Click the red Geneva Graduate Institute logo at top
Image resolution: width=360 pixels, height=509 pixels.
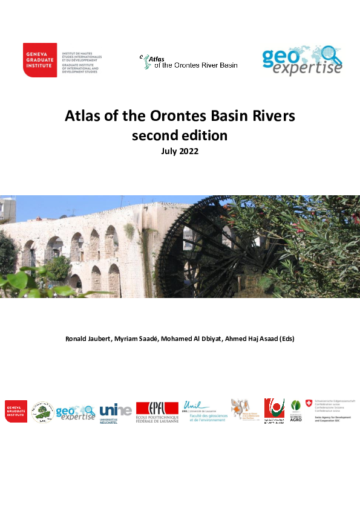(40, 60)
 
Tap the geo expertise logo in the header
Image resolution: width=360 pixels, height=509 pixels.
(302, 61)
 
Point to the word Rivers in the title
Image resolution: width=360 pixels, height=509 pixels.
(273, 117)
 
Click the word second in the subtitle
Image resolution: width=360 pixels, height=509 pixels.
(154, 135)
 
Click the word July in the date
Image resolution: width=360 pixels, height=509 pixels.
(169, 152)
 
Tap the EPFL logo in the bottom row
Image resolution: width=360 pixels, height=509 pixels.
(157, 412)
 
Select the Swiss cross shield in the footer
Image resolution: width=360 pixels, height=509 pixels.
(309, 403)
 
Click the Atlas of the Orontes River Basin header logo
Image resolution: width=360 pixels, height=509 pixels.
(189, 62)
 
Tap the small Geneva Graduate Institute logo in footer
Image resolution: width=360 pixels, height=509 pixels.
(16, 411)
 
